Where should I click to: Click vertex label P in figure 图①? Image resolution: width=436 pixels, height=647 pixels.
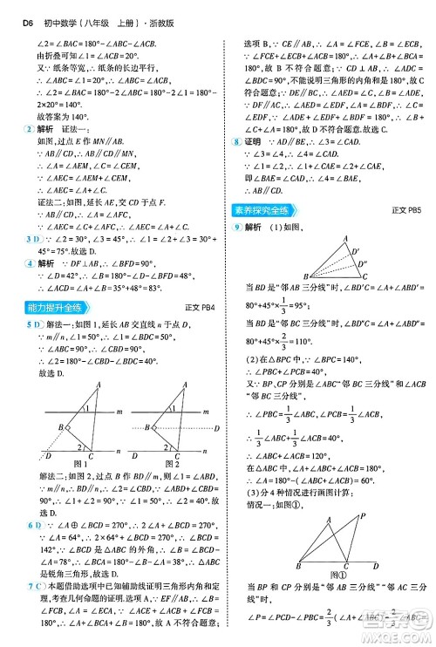pyautogui.click(x=360, y=514)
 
